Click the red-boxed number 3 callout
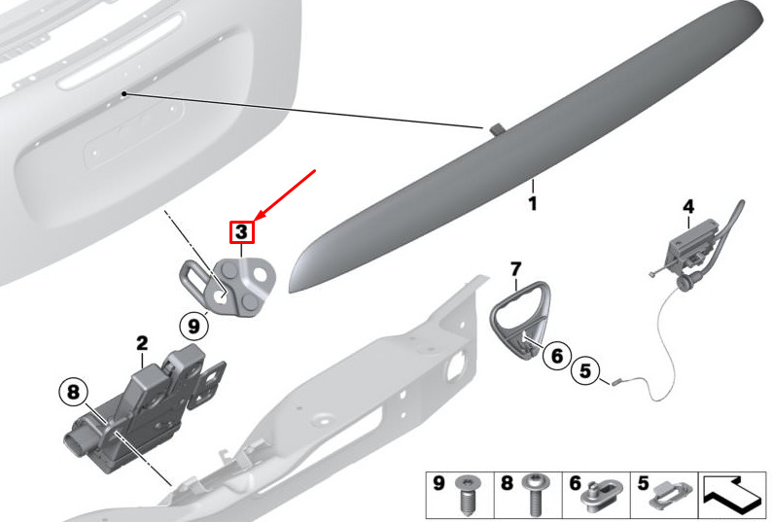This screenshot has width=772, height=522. point(241,232)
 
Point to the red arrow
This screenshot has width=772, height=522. point(285,194)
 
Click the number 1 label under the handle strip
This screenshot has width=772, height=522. point(532,203)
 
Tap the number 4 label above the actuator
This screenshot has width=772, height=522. point(688,207)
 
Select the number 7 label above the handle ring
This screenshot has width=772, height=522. point(515,269)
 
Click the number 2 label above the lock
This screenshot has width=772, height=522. point(142,343)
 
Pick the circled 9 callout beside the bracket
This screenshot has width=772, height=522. point(193,326)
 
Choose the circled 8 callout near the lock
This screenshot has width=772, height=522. point(73,392)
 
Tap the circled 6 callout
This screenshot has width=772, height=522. point(557,356)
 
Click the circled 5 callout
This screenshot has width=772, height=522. point(585,370)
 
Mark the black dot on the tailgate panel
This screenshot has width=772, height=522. point(124,93)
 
